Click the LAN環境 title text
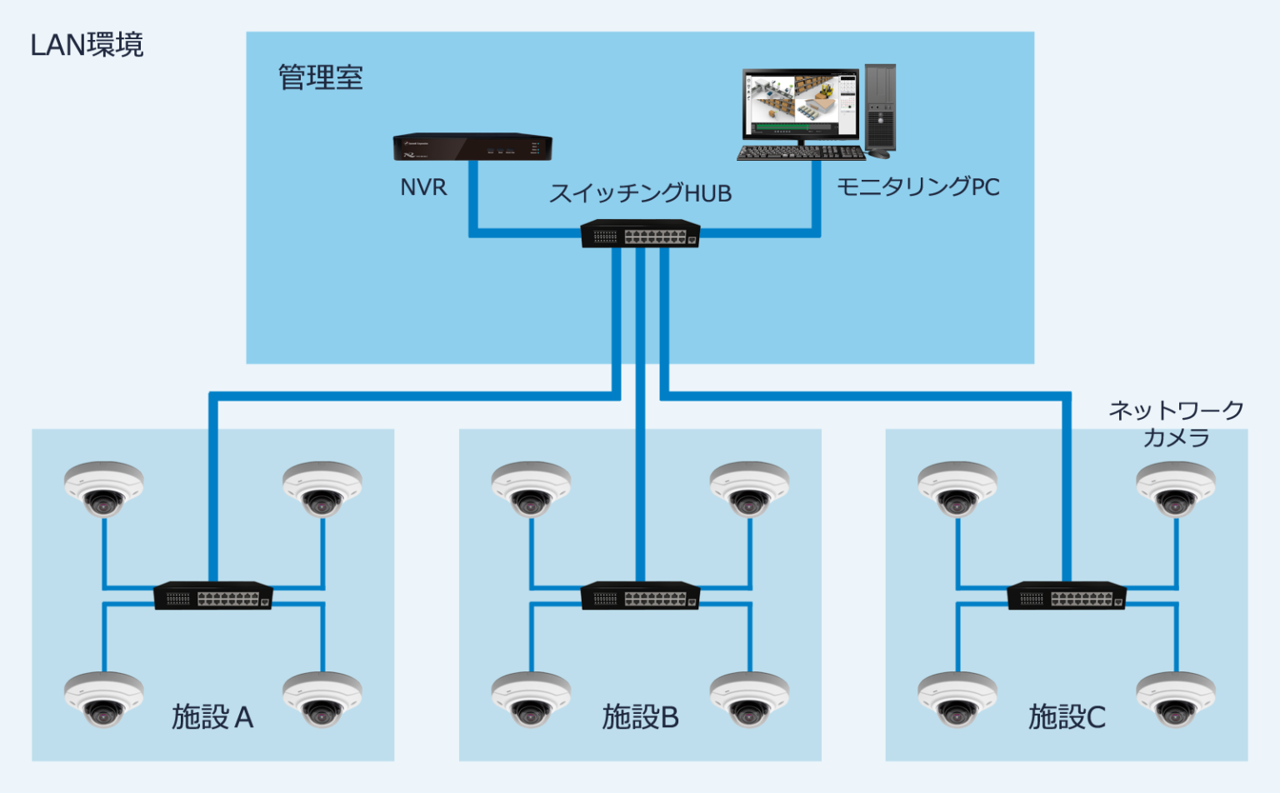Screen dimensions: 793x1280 (87, 45)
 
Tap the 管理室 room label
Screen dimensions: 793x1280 (320, 77)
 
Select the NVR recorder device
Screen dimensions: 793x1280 (472, 147)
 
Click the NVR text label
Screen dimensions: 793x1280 (423, 187)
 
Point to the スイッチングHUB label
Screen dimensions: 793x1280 (640, 193)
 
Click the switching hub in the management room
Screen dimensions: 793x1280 (640, 233)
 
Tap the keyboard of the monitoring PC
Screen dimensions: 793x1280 (801, 153)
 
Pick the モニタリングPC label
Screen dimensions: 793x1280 (917, 187)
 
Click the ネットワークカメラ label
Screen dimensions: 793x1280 (1176, 423)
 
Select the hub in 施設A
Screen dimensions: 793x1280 (213, 595)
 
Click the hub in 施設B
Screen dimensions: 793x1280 (640, 595)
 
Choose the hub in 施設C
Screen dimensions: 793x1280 (1067, 595)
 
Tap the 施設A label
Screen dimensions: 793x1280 (212, 716)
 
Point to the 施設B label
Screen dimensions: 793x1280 (640, 716)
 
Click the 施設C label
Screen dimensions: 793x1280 (1067, 716)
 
